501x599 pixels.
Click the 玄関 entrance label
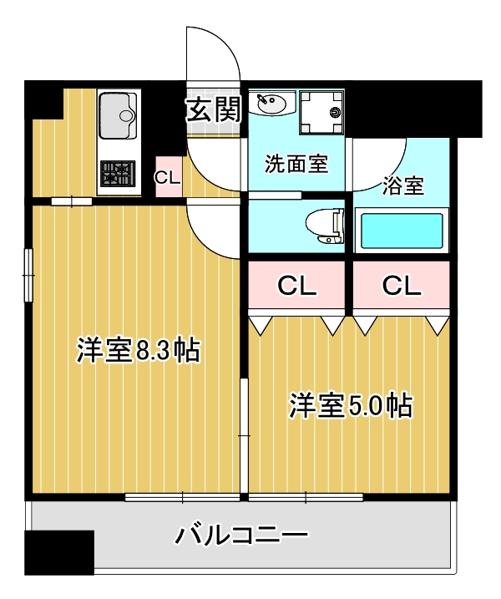[x=213, y=109]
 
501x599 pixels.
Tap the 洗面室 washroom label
[x=296, y=163]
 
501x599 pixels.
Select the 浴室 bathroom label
[x=402, y=185]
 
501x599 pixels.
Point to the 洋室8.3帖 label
[x=137, y=350]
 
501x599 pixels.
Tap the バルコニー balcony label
[x=242, y=534]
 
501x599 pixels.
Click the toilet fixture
[x=325, y=225]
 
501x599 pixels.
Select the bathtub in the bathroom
[x=400, y=231]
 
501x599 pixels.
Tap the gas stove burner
[x=117, y=174]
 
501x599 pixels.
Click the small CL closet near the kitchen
[x=167, y=177]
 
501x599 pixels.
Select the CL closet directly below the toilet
[x=296, y=287]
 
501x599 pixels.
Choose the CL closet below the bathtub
[x=402, y=287]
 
